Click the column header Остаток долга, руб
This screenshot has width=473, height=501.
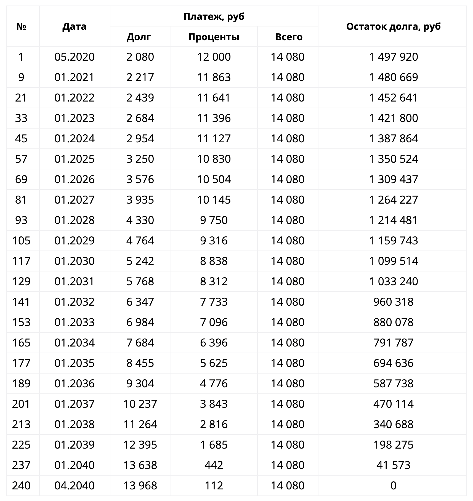pos(393,26)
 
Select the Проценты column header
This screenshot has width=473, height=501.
pos(214,37)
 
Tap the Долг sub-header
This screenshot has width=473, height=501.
pos(139,37)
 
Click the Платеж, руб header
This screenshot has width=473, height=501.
pos(214,17)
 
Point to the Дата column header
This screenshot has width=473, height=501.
pos(75,26)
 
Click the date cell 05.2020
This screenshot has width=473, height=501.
pos(75,57)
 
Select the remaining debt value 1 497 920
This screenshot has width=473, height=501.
pos(393,57)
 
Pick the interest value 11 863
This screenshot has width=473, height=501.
pos(214,77)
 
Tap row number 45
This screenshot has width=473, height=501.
pos(21,138)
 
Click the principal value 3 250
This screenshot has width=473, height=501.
pos(140,159)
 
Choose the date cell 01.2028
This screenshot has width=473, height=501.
pos(75,220)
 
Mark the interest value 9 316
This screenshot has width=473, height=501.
pos(214,241)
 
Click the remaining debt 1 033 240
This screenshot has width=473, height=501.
pos(393,281)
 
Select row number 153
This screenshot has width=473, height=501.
pos(21,322)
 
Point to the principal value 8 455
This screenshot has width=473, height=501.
pos(140,363)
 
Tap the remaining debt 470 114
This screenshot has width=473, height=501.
pos(393,404)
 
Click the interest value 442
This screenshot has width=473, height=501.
pos(214,465)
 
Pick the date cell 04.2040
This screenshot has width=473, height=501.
pos(75,486)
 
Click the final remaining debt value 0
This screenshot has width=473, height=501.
pos(393,486)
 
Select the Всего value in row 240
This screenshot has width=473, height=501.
pos(288,486)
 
